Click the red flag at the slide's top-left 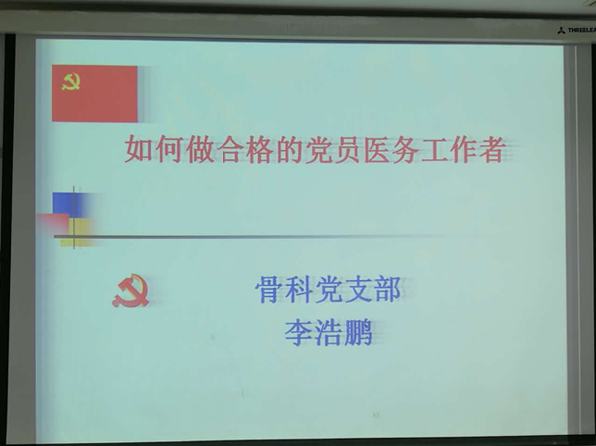(94, 93)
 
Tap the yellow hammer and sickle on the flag (72, 81)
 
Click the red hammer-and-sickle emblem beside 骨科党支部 (130, 291)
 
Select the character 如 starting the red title (139, 151)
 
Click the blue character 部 (387, 290)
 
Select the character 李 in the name (299, 332)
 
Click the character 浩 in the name (329, 332)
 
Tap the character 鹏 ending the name (358, 332)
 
